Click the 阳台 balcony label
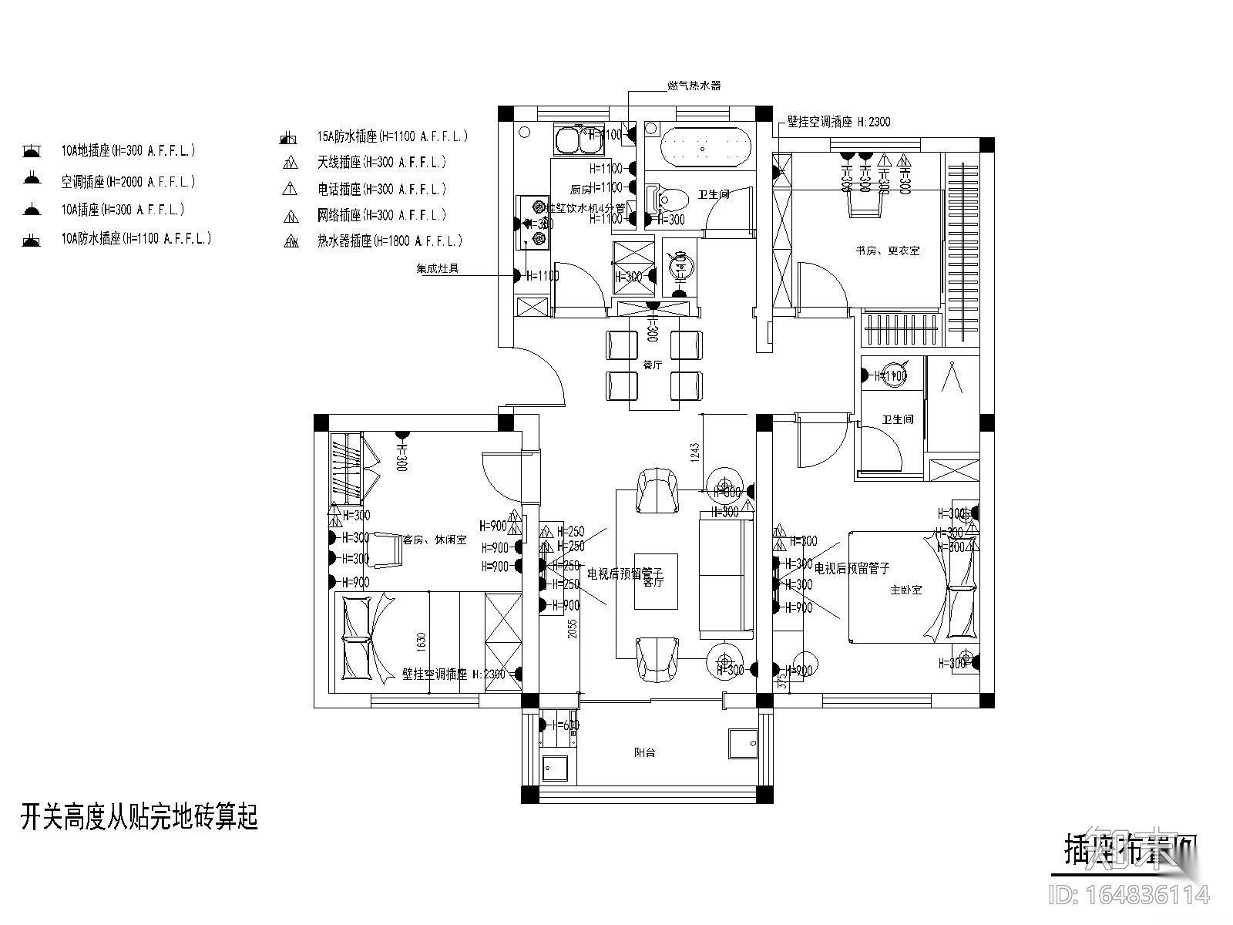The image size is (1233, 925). pos(645,752)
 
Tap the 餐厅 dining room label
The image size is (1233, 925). pos(652,365)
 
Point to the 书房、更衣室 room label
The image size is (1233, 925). pos(886,251)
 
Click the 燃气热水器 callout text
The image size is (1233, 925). pos(694,86)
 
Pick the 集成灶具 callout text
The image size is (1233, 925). pos(438,269)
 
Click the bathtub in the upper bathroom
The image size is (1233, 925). pos(705,146)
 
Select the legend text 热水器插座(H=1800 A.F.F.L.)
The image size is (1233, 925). pos(390,241)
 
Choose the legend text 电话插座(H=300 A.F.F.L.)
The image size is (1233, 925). pos(381,189)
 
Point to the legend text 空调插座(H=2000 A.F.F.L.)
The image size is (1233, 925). pos(129,182)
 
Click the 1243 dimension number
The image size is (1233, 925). pos(694,453)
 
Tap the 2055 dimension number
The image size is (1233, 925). pos(572,631)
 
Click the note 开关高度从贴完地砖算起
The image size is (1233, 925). pos(139,817)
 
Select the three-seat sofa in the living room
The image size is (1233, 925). pos(726,574)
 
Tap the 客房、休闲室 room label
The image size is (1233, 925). pos(435,540)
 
